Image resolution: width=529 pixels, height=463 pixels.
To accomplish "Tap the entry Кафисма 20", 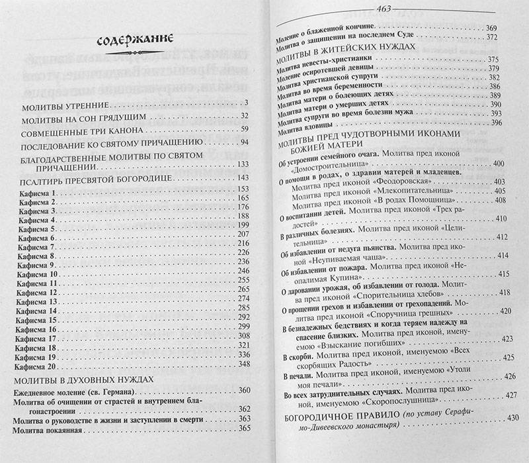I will [41, 365].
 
